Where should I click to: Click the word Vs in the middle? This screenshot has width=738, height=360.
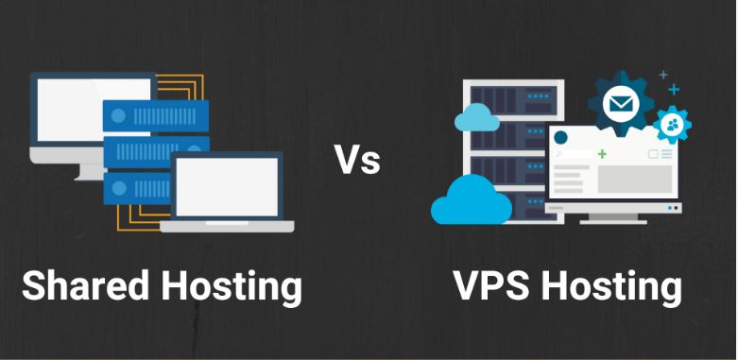click(358, 159)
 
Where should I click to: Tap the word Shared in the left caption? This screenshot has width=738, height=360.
click(86, 284)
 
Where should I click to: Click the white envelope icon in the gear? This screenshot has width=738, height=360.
click(621, 104)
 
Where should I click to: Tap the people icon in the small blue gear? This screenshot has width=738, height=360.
click(672, 125)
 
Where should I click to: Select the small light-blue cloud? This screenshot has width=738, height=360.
click(477, 118)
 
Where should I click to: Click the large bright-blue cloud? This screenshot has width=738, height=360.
click(472, 200)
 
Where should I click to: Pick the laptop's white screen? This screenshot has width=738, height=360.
click(227, 187)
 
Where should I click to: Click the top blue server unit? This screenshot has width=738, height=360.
click(156, 116)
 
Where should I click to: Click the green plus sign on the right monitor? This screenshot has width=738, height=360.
click(602, 154)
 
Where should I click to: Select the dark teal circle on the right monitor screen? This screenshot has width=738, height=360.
click(560, 138)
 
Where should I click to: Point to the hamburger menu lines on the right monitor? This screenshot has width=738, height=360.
click(666, 154)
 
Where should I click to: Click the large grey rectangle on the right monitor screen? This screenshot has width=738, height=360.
click(635, 179)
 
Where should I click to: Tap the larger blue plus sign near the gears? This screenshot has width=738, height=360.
click(674, 90)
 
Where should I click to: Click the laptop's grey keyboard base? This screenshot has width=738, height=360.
click(227, 227)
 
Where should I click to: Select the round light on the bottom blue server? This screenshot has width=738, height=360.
click(119, 188)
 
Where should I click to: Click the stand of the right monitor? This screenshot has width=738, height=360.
click(613, 219)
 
